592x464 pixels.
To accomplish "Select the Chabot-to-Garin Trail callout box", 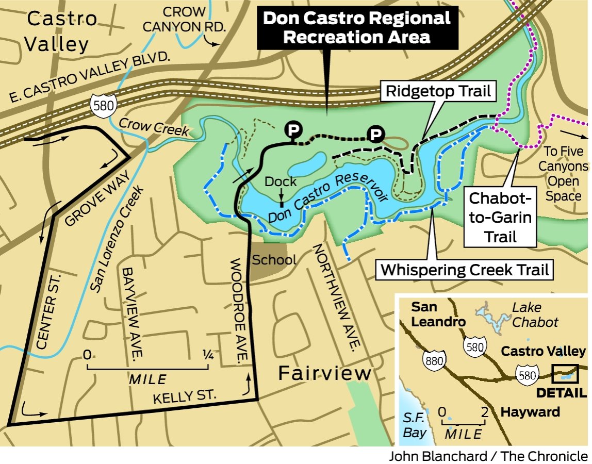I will [x=499, y=217].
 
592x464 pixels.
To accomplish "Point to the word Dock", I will [x=281, y=181].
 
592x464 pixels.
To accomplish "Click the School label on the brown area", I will [x=274, y=260].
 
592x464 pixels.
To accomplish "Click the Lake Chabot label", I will [x=534, y=315].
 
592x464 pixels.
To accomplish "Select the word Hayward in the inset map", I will [x=530, y=412].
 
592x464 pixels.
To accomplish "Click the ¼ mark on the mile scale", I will [x=208, y=355].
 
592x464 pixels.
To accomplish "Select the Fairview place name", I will [x=325, y=373].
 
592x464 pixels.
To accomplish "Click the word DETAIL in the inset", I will [x=561, y=393].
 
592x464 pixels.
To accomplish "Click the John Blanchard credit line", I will [x=488, y=456].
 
